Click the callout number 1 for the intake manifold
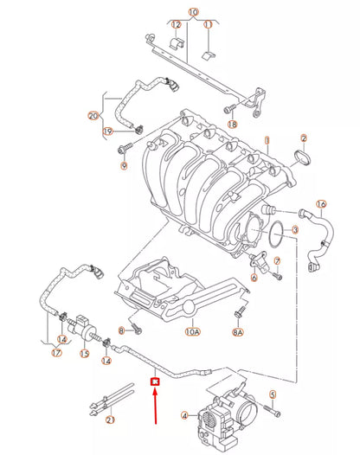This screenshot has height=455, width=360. click(267, 139)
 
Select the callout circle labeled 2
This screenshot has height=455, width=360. click(304, 138)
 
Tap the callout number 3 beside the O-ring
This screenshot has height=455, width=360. click(294, 230)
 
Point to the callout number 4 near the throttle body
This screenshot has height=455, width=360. click(183, 415)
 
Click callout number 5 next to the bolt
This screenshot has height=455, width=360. click(271, 395)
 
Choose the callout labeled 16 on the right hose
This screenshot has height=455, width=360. click(321, 205)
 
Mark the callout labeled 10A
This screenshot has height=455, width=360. click(192, 330)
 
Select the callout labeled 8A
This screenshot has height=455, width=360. click(238, 330)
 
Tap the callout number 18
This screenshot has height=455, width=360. click(232, 125)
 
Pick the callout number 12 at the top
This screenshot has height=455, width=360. click(176, 25)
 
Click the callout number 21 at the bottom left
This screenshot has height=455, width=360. click(110, 420)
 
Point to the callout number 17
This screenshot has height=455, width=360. click(56, 352)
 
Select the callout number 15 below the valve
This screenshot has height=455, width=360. click(85, 353)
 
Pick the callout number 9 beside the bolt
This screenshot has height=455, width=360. click(122, 167)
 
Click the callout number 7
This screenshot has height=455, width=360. click(276, 260)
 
